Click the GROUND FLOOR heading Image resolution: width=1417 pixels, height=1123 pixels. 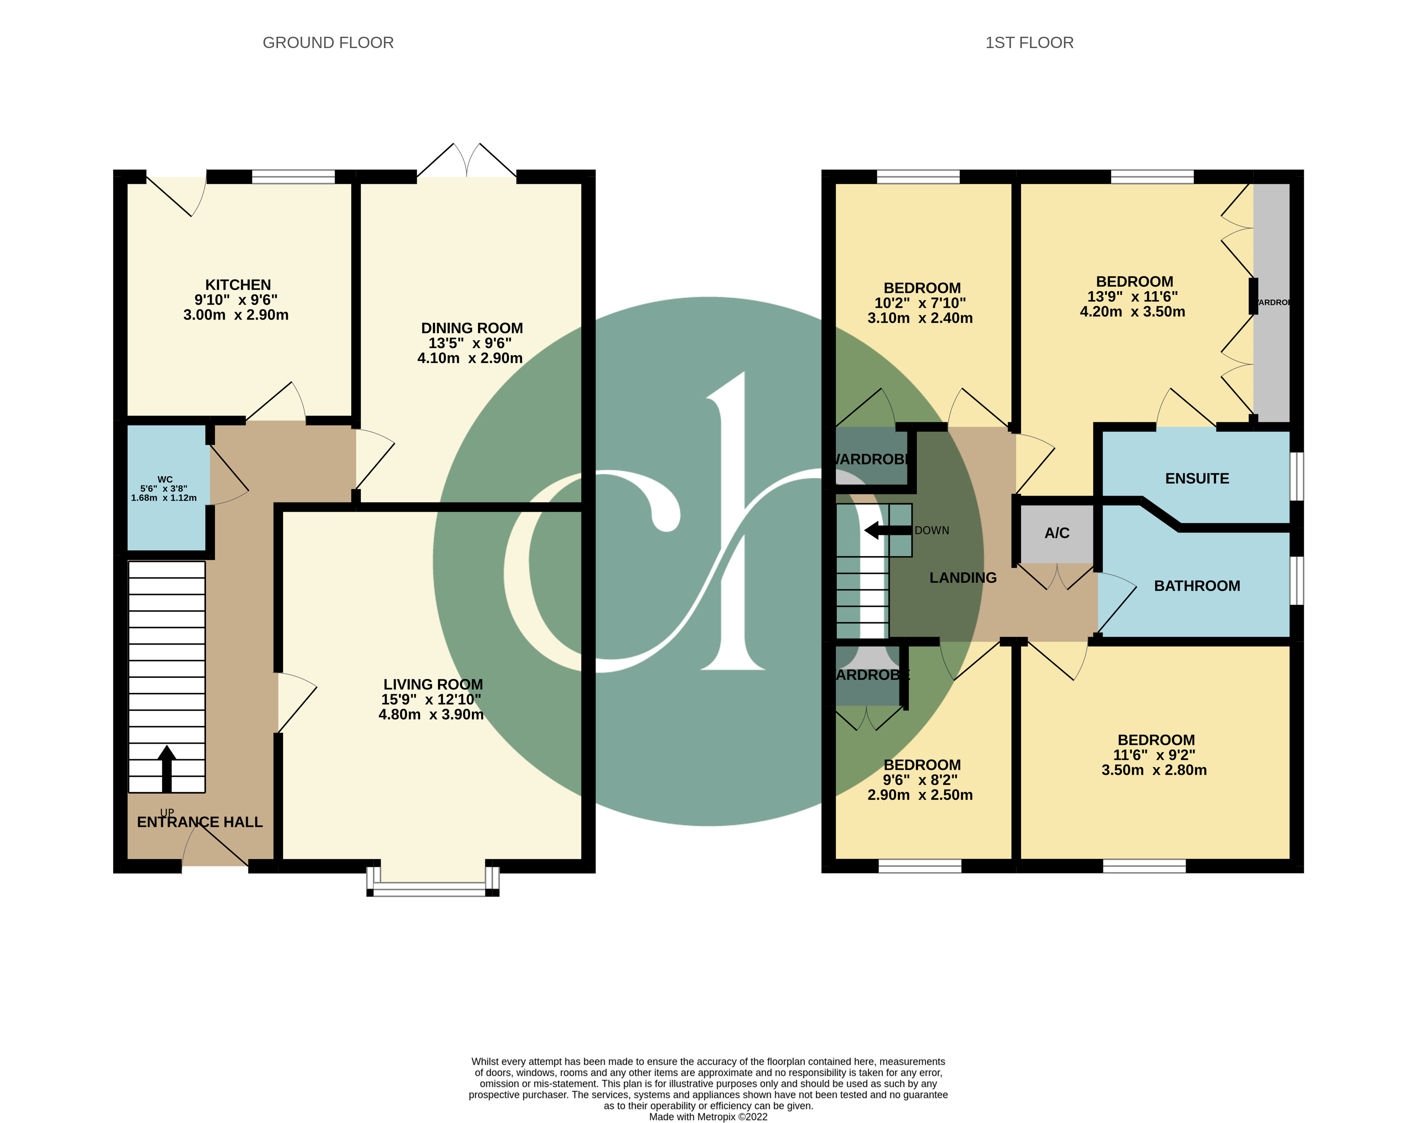point(328,43)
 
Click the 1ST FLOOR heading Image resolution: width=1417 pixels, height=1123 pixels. point(1029,43)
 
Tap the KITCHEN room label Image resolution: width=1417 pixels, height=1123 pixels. point(238,284)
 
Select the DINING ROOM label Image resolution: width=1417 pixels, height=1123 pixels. point(472,328)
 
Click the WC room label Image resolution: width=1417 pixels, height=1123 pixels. point(165,479)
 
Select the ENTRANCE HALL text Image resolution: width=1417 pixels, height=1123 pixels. point(200,822)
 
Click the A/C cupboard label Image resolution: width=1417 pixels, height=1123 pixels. point(1057,533)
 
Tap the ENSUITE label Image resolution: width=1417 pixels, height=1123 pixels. point(1197,478)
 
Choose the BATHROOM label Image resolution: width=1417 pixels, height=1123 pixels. point(1197,585)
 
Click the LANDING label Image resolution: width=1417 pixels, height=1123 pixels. point(963,578)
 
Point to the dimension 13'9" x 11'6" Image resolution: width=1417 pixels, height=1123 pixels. point(1133,297)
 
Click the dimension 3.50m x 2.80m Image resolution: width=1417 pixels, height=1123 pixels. point(1154,770)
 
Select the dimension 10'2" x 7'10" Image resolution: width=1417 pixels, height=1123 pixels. point(920,303)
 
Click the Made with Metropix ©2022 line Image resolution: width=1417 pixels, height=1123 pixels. point(708,1117)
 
